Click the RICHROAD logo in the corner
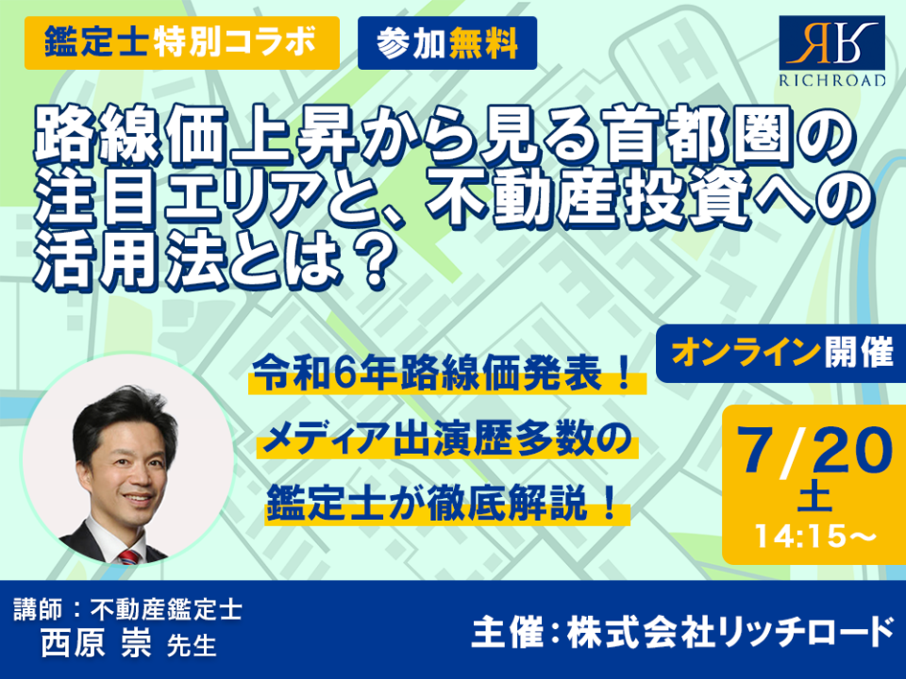pyautogui.click(x=832, y=52)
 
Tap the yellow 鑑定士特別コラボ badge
pyautogui.click(x=182, y=42)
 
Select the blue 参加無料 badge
pyautogui.click(x=447, y=42)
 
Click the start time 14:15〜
pyautogui.click(x=815, y=537)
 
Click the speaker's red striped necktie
pyautogui.click(x=129, y=557)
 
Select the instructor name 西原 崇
pyautogui.click(x=96, y=642)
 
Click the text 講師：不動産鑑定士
pyautogui.click(x=127, y=610)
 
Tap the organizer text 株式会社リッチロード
pyautogui.click(x=730, y=632)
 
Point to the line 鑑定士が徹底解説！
pyautogui.click(x=445, y=505)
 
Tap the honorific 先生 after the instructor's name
pyautogui.click(x=192, y=646)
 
